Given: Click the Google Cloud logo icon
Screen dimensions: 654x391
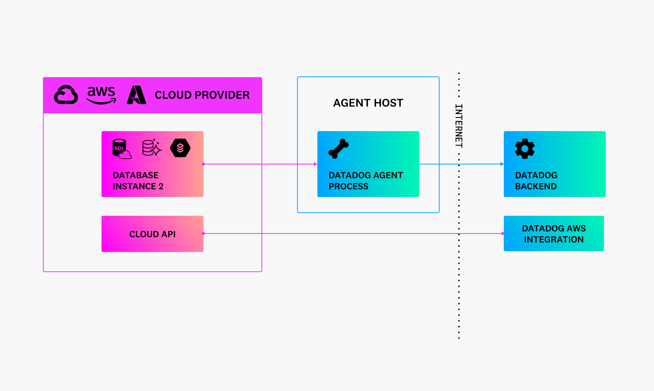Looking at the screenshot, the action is click(66, 95).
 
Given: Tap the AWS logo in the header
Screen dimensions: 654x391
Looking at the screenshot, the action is click(101, 95).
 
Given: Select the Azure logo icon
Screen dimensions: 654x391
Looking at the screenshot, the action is click(136, 95).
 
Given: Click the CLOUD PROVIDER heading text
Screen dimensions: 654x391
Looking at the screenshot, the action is click(202, 95).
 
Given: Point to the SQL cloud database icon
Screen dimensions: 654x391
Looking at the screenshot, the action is click(122, 149).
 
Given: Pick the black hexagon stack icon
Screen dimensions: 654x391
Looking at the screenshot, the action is click(180, 148).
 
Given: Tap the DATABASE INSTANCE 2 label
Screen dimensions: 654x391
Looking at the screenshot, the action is click(138, 181).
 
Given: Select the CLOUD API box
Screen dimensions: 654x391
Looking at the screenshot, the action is click(152, 234).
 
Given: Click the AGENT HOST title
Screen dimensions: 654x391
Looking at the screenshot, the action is click(368, 103).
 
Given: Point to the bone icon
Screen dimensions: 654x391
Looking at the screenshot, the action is click(339, 149).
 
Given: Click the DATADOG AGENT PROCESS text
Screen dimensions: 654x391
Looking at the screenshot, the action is click(366, 181).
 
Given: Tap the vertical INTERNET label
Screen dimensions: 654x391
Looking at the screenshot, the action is click(459, 126).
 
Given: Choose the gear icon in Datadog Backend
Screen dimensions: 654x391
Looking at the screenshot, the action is click(525, 149).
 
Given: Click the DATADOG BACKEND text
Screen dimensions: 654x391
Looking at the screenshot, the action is click(536, 181).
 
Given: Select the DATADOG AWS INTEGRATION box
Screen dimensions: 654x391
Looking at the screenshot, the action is click(554, 234).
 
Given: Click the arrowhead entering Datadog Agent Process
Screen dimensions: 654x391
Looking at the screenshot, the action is click(316, 164).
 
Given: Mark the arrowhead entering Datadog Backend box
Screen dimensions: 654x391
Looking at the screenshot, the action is click(502, 164).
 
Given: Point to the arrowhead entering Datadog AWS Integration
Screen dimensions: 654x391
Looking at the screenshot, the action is click(503, 234).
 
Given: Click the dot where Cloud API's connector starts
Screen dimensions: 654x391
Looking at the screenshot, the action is click(203, 234).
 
